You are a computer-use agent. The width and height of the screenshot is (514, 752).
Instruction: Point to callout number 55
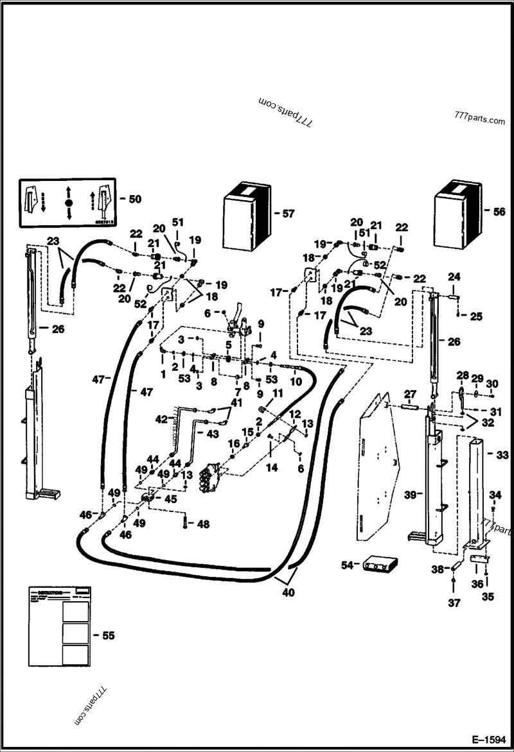click(x=108, y=635)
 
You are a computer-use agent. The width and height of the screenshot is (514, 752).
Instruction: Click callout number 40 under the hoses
click(x=288, y=593)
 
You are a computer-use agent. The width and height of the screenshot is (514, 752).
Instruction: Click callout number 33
click(x=501, y=454)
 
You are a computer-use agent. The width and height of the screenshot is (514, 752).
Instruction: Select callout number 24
click(x=454, y=277)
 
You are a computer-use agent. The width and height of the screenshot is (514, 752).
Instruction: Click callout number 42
click(x=161, y=420)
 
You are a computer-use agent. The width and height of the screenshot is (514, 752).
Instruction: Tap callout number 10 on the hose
click(x=296, y=381)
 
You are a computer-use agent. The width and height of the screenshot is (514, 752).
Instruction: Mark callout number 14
click(x=272, y=468)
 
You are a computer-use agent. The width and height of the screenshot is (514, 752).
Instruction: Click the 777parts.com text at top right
click(x=479, y=120)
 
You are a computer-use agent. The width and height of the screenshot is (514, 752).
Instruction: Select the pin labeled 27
click(x=409, y=406)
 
